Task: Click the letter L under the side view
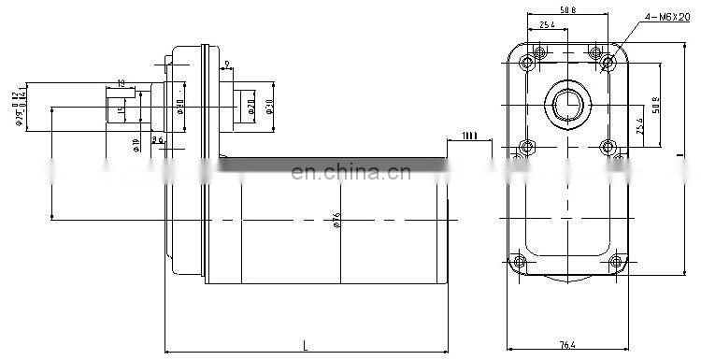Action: pyautogui.click(x=306, y=346)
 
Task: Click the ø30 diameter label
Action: pyautogui.click(x=268, y=106)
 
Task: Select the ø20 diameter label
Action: pyautogui.click(x=251, y=106)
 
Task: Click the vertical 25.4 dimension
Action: pyautogui.click(x=638, y=125)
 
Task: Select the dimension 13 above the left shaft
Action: pyautogui.click(x=122, y=82)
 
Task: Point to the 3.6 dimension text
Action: pyautogui.click(x=158, y=140)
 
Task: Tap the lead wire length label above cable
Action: pyautogui.click(x=469, y=137)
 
